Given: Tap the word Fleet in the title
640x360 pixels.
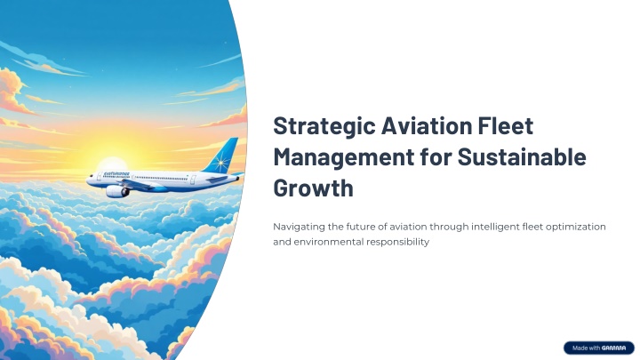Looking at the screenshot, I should pyautogui.click(x=505, y=126).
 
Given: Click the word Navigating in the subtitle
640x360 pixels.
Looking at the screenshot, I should pyautogui.click(x=299, y=227).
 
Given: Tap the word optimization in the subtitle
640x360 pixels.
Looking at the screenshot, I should pyautogui.click(x=573, y=227).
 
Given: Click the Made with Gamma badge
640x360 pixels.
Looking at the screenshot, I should pyautogui.click(x=596, y=347).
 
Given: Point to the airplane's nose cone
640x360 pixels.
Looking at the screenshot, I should pyautogui.click(x=89, y=177).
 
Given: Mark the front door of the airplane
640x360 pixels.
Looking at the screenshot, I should pyautogui.click(x=103, y=175).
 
